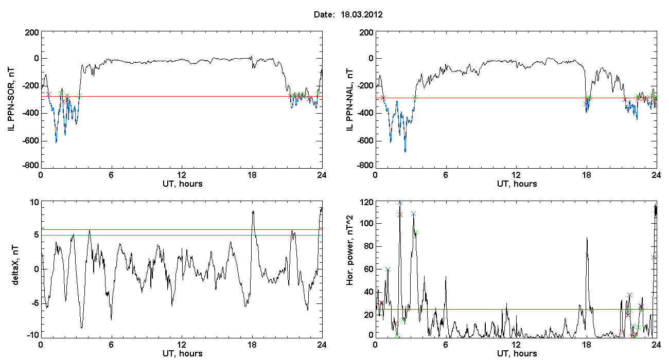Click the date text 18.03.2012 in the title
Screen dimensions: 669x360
pos(361,14)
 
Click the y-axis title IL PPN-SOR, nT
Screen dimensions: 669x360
pos(11,100)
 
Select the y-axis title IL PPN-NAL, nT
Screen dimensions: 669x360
pos(349,100)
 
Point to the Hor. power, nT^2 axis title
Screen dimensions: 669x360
pos(349,250)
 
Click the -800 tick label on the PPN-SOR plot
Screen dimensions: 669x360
pos(30,165)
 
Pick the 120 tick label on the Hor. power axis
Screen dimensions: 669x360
pos(366,203)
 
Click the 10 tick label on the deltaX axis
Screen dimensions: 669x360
pos(34,203)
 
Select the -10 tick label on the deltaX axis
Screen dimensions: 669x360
pos(33,335)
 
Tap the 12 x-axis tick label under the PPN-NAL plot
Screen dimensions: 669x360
pos(516,175)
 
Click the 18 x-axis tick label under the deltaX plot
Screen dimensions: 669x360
pos(252,345)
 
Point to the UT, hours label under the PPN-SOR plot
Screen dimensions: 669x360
pos(183,184)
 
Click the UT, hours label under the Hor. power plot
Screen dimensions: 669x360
pos(517,354)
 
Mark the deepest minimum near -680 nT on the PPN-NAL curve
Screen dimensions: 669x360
pos(405,152)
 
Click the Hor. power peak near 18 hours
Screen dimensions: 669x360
pos(587,238)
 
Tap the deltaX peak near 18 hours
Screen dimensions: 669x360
pos(253,211)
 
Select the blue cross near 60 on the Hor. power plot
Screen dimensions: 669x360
pos(388,269)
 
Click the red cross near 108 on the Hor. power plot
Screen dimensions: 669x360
pos(400,214)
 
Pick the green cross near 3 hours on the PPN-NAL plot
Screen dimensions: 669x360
pos(415,97)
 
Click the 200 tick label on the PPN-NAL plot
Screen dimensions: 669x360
pos(366,32)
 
